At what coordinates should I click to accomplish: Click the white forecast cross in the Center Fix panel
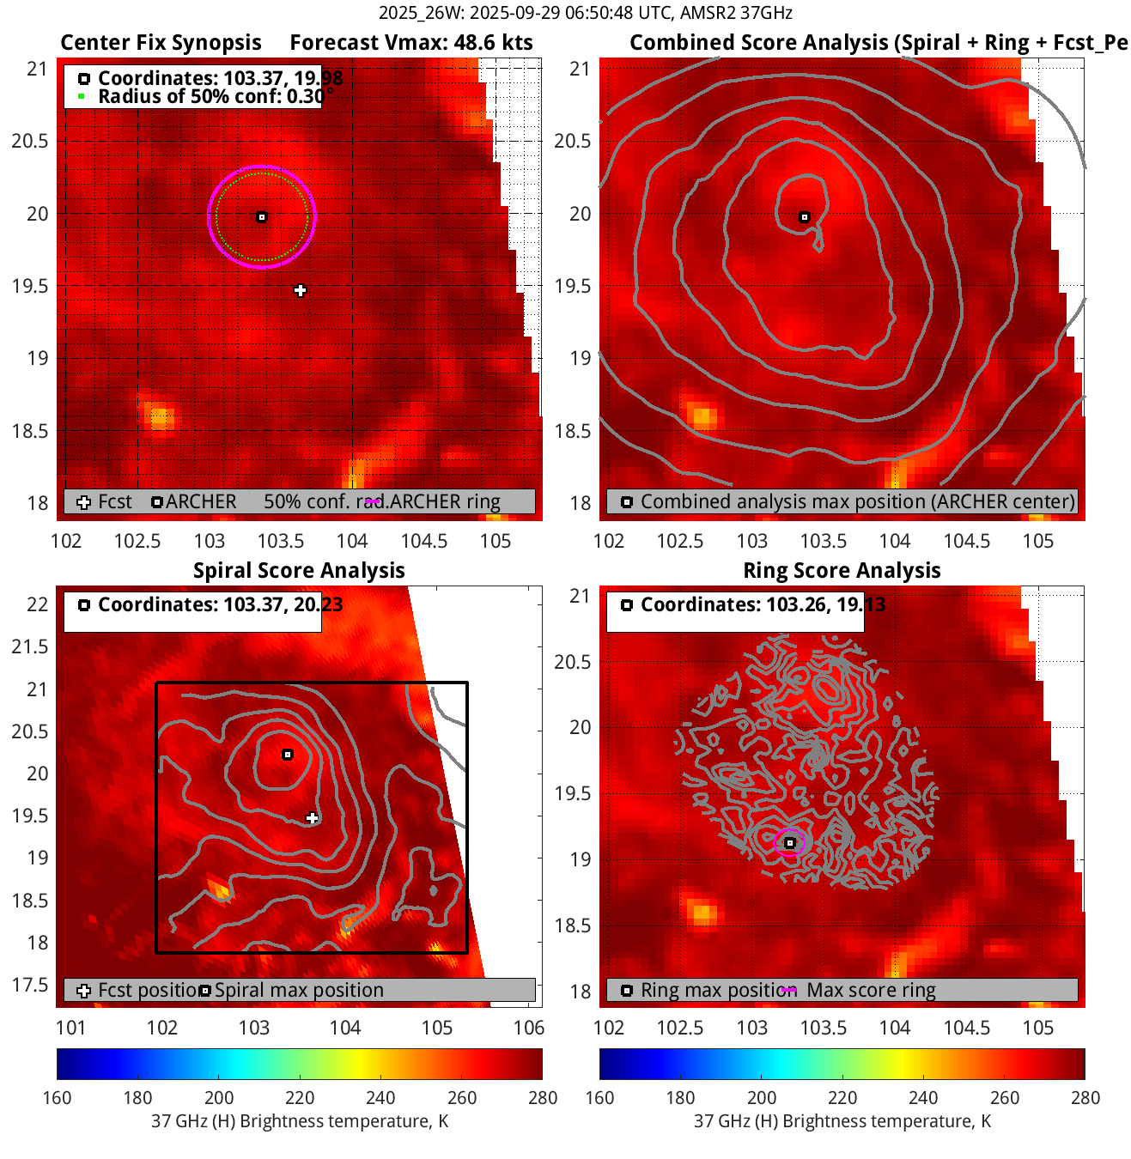(300, 291)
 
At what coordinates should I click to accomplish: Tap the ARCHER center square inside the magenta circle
(262, 217)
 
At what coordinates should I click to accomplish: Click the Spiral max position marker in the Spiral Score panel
(288, 755)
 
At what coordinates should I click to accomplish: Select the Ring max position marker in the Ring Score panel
(790, 843)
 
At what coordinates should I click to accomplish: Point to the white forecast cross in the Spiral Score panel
(313, 818)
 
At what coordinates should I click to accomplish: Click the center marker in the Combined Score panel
(805, 217)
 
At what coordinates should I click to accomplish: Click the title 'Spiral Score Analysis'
(299, 571)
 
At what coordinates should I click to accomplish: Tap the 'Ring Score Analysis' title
(842, 571)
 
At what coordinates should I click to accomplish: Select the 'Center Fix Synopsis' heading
(161, 43)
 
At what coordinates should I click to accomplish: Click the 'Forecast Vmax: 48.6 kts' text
(410, 43)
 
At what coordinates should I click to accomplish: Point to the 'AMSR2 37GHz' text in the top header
(736, 13)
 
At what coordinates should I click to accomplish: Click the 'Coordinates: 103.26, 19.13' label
(763, 604)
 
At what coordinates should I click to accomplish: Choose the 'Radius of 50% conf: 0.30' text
(211, 96)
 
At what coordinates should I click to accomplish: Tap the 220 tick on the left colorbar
(300, 1097)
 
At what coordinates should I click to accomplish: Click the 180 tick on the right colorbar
(680, 1097)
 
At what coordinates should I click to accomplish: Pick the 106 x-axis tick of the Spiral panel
(529, 1028)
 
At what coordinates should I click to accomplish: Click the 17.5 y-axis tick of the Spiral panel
(32, 985)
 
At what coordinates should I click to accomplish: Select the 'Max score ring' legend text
(871, 990)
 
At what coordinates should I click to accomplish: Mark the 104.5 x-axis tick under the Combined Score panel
(966, 541)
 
